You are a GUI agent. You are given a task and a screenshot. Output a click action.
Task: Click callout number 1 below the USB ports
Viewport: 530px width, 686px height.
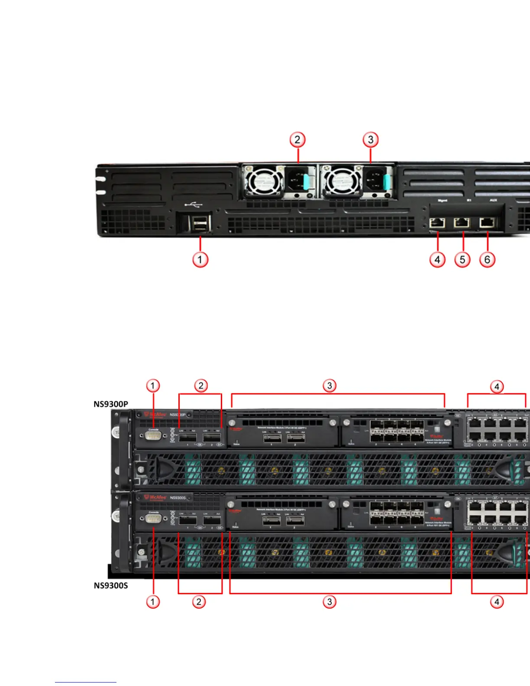(x=200, y=259)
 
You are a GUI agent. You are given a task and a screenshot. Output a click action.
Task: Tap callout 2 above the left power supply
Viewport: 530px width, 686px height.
(x=297, y=139)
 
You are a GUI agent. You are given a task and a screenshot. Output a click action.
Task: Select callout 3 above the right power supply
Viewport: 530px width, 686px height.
(x=370, y=139)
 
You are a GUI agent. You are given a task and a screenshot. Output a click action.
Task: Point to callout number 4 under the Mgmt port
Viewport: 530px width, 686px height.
(x=437, y=259)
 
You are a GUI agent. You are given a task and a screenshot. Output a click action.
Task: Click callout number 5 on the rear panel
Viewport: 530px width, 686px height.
(x=462, y=259)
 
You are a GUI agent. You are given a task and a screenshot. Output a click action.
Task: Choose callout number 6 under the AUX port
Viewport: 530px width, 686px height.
(x=487, y=259)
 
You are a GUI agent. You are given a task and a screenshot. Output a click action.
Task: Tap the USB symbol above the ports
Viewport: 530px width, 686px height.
(x=193, y=204)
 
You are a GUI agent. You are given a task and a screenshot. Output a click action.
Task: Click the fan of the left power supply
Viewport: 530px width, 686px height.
(x=262, y=181)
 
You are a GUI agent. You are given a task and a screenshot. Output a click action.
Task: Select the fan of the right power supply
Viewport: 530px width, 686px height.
(x=343, y=181)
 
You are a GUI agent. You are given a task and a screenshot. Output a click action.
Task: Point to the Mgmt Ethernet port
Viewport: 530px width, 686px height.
(x=437, y=223)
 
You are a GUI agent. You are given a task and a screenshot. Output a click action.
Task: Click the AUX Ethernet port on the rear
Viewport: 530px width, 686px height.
(x=488, y=223)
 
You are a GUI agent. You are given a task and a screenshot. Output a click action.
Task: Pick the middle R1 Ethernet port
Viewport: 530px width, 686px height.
(x=462, y=223)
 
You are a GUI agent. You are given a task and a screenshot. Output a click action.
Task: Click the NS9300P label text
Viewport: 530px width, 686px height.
(x=111, y=404)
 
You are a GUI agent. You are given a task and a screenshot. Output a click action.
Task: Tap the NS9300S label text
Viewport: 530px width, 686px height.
(x=111, y=586)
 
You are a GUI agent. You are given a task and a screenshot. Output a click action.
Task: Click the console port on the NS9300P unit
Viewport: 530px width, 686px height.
(x=154, y=435)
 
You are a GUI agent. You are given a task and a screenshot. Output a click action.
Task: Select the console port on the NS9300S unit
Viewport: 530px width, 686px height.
(x=154, y=518)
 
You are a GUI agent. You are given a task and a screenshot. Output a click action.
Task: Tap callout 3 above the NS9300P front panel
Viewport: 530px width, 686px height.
(x=330, y=385)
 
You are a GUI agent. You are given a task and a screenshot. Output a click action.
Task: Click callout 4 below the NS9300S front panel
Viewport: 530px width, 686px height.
(x=497, y=602)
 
